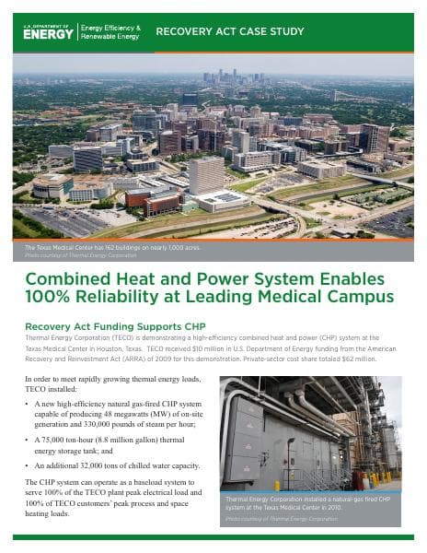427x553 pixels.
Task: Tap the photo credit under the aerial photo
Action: (73, 255)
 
